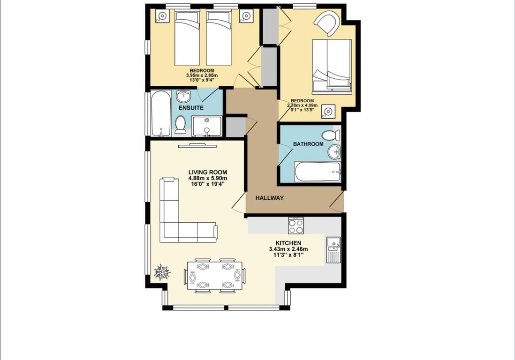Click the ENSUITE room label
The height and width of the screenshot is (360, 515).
click(x=191, y=108)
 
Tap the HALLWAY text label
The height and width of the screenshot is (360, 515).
click(x=269, y=198)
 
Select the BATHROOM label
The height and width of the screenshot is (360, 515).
click(x=308, y=144)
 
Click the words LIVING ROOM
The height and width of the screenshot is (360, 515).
click(x=208, y=172)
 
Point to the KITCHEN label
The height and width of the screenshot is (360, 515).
click(x=288, y=243)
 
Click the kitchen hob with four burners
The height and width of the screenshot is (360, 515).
click(x=295, y=226)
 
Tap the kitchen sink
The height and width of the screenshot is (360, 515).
click(x=333, y=250)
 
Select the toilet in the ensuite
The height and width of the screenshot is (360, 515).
click(x=180, y=125)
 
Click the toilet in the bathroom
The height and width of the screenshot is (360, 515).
click(x=331, y=135)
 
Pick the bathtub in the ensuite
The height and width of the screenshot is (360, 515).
click(x=161, y=113)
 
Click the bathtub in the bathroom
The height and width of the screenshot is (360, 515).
click(x=318, y=172)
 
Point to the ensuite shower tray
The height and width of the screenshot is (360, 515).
click(x=207, y=126)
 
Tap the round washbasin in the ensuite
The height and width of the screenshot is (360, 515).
click(x=183, y=96)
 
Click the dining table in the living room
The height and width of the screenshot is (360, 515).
click(x=214, y=276)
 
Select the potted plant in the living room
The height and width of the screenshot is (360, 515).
click(x=162, y=272)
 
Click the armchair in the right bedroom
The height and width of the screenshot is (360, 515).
click(x=327, y=22)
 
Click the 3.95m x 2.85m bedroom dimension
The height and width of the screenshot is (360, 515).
click(x=202, y=75)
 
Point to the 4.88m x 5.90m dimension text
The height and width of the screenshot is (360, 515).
click(x=208, y=178)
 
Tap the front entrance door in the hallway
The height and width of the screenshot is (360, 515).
click(x=337, y=202)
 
